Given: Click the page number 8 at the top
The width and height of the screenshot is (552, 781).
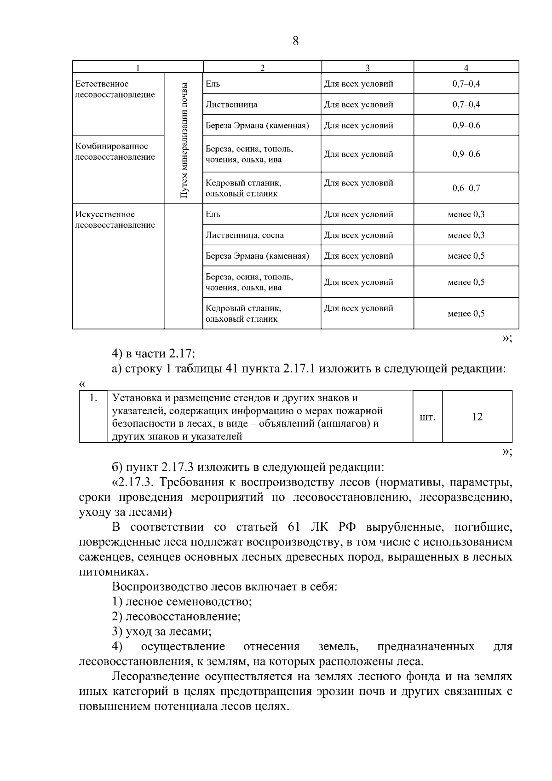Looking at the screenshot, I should point(295,41).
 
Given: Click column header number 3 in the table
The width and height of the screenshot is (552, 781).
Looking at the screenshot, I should point(367,68).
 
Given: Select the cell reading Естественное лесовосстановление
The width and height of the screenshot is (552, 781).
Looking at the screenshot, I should point(115,89).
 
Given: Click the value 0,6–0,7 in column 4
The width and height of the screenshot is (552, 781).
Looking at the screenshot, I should point(466,188).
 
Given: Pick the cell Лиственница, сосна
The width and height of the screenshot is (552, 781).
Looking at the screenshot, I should point(244,236).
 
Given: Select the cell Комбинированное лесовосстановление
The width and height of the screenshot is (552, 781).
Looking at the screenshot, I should point(115,152).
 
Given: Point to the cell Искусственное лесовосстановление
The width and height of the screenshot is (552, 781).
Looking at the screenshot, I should point(115,220).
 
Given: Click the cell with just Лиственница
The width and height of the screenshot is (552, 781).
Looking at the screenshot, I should point(231,104).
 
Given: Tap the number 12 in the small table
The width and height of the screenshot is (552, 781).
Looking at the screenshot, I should point(477,417).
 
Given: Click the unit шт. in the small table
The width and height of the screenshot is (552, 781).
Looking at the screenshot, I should point(427,417).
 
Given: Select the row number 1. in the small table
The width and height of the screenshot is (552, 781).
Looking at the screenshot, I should point(92,398).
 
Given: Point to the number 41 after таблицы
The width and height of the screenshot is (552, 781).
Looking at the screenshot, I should point(233,369).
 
